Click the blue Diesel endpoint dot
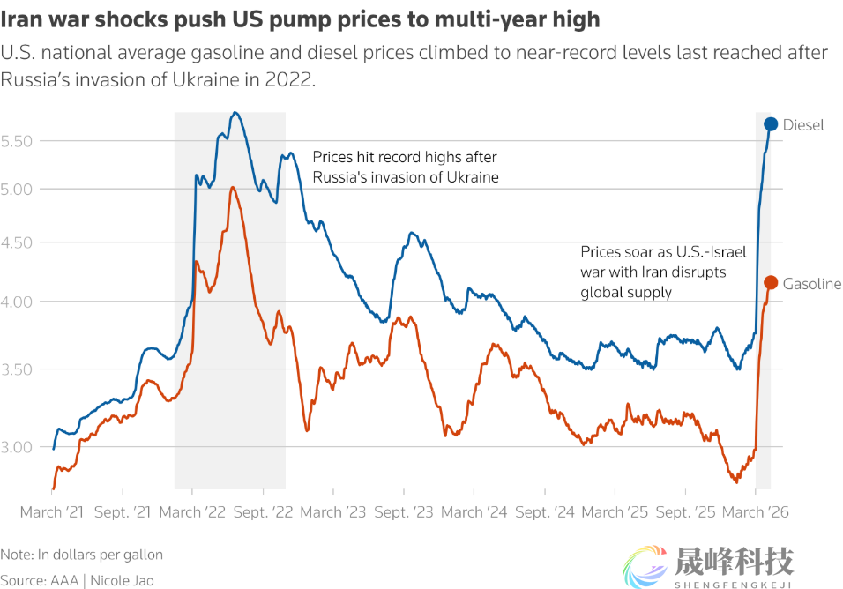click(x=771, y=124)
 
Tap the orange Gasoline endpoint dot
click(x=770, y=282)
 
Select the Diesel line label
click(x=803, y=125)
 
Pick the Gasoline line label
click(x=812, y=284)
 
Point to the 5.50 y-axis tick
click(x=18, y=141)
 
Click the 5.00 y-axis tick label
click(x=18, y=189)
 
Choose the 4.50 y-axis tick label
click(x=18, y=242)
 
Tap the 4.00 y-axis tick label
click(x=18, y=302)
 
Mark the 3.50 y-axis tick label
click(x=18, y=369)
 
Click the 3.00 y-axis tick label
click(x=18, y=447)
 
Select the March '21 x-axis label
click(x=53, y=511)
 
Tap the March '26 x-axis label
click(x=756, y=511)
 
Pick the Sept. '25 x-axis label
click(x=684, y=511)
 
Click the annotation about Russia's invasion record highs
click(x=406, y=167)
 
